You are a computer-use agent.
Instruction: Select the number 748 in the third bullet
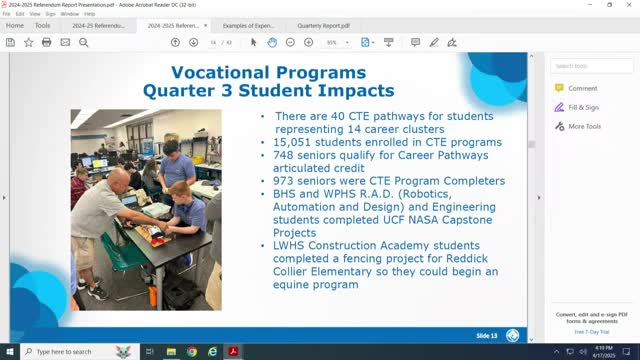point(286,155)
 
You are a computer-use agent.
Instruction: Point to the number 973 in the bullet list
point(286,181)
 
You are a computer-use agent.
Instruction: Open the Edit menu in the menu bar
point(20,14)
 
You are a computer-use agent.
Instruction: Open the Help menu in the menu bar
point(90,14)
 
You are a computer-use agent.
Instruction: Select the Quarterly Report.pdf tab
point(320,25)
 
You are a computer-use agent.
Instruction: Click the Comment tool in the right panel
point(582,88)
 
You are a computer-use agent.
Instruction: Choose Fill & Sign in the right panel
point(583,107)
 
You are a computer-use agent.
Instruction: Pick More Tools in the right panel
point(584,126)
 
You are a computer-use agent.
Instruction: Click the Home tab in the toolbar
point(14,25)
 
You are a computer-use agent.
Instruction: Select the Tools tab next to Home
point(42,25)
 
